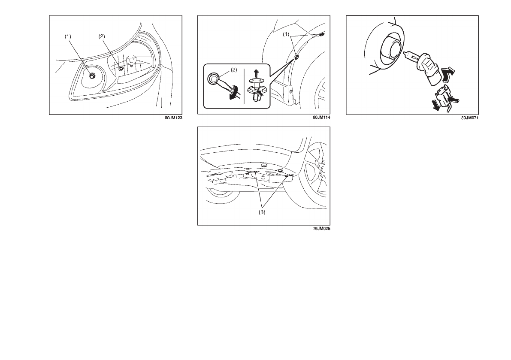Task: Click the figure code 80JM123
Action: point(173,118)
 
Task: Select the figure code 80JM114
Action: point(321,117)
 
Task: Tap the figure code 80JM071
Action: point(470,118)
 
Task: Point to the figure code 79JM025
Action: point(321,229)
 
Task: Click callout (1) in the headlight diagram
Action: point(67,36)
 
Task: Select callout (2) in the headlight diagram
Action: point(102,36)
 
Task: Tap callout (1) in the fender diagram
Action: point(286,34)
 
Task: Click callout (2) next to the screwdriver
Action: point(234,70)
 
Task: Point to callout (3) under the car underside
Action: point(262,212)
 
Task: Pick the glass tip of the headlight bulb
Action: point(410,56)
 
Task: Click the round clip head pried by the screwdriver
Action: point(214,78)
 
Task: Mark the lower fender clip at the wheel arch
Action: point(296,57)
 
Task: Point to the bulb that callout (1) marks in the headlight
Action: point(92,75)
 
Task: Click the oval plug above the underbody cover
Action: point(264,166)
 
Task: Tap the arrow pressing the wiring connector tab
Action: point(454,98)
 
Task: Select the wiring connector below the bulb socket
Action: point(441,97)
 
